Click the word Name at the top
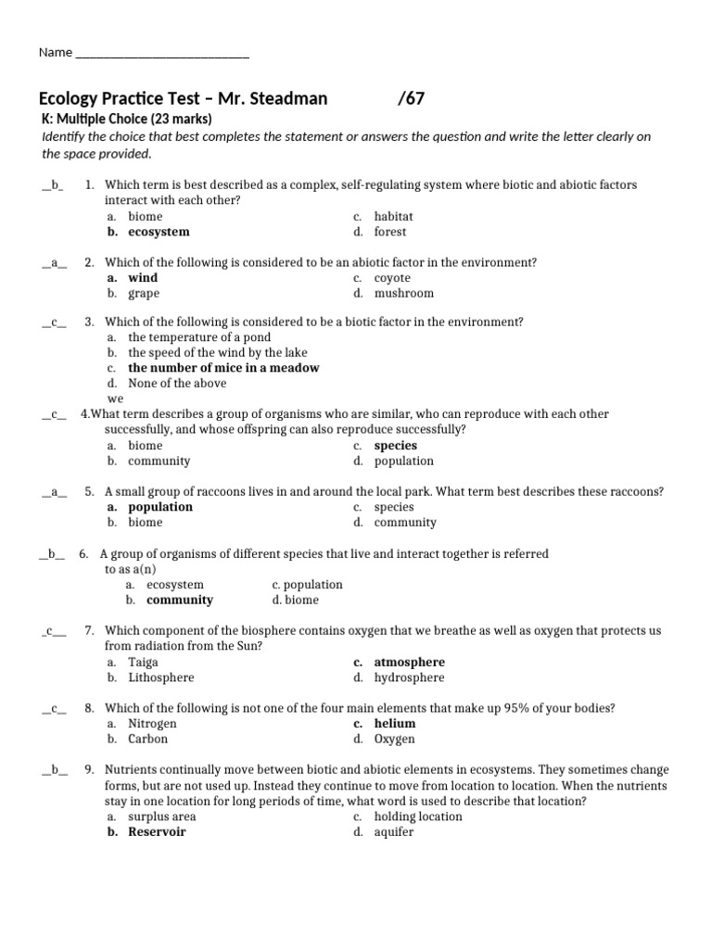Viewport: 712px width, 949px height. coord(55,53)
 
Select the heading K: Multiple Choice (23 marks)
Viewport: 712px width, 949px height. coord(127,119)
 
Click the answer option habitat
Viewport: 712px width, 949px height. coord(393,216)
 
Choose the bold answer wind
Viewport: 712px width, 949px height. coord(143,278)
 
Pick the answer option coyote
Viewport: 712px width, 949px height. coord(392,278)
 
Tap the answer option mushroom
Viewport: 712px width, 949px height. coord(403,294)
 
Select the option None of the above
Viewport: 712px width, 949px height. coord(177,383)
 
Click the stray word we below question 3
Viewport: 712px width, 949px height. coord(116,399)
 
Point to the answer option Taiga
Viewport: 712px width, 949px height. coord(143,663)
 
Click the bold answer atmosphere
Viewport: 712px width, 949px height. coord(409,663)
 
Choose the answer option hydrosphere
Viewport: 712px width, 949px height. coord(409,677)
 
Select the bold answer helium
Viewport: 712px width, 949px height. coord(394,724)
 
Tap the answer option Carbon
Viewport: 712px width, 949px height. coord(148,740)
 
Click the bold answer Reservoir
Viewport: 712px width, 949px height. coord(157,832)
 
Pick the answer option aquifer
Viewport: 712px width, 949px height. coord(394,832)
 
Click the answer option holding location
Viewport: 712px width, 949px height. coord(417,816)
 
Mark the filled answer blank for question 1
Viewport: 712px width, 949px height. coord(52,185)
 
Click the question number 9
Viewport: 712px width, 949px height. coord(89,770)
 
